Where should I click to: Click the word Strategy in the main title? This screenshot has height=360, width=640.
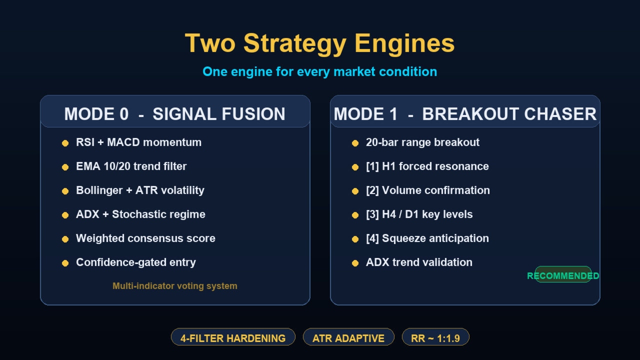click(295, 43)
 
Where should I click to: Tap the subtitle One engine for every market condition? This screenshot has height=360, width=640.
click(319, 71)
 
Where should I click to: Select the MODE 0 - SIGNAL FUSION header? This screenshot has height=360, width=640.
click(175, 114)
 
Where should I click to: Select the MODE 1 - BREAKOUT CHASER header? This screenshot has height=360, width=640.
click(465, 114)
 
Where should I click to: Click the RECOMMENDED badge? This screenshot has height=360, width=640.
click(563, 275)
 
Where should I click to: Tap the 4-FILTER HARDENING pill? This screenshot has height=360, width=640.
click(233, 338)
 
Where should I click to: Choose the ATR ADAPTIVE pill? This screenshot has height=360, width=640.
click(348, 338)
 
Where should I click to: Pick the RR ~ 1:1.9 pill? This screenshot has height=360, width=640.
click(435, 338)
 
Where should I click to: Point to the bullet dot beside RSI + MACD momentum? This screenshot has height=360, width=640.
click(65, 143)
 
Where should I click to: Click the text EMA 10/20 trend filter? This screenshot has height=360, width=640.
click(131, 166)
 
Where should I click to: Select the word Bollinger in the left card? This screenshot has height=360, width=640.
click(99, 190)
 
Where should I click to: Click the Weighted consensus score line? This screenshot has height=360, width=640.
click(145, 238)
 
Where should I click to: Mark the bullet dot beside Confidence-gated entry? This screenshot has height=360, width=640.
click(65, 263)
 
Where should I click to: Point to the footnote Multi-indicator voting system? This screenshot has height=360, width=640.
click(175, 286)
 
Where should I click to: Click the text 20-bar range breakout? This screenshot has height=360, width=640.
click(422, 142)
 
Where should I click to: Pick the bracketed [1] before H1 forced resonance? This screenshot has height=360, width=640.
click(372, 166)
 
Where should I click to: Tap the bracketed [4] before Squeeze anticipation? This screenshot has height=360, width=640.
click(372, 238)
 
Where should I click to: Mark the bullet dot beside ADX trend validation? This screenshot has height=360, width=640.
click(355, 263)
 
